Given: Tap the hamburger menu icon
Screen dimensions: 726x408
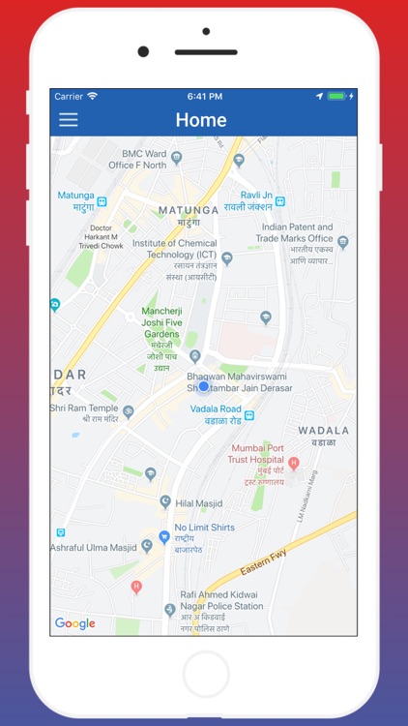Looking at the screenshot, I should pos(69,120).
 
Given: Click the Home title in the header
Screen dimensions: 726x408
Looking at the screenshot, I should pos(201,120).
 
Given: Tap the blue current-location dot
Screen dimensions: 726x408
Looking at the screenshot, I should pos(203,387).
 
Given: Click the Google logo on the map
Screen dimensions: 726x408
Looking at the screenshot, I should pos(74,623).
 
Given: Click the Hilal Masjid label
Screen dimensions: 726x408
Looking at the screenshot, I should pos(198,503).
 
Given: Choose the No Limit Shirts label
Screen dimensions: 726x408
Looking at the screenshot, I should pos(204,528).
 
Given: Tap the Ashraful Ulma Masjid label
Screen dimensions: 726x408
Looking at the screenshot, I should pos(93,546).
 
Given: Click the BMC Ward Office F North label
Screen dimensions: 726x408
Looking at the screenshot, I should pos(151,160).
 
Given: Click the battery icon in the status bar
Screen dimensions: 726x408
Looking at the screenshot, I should pos(335,96).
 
